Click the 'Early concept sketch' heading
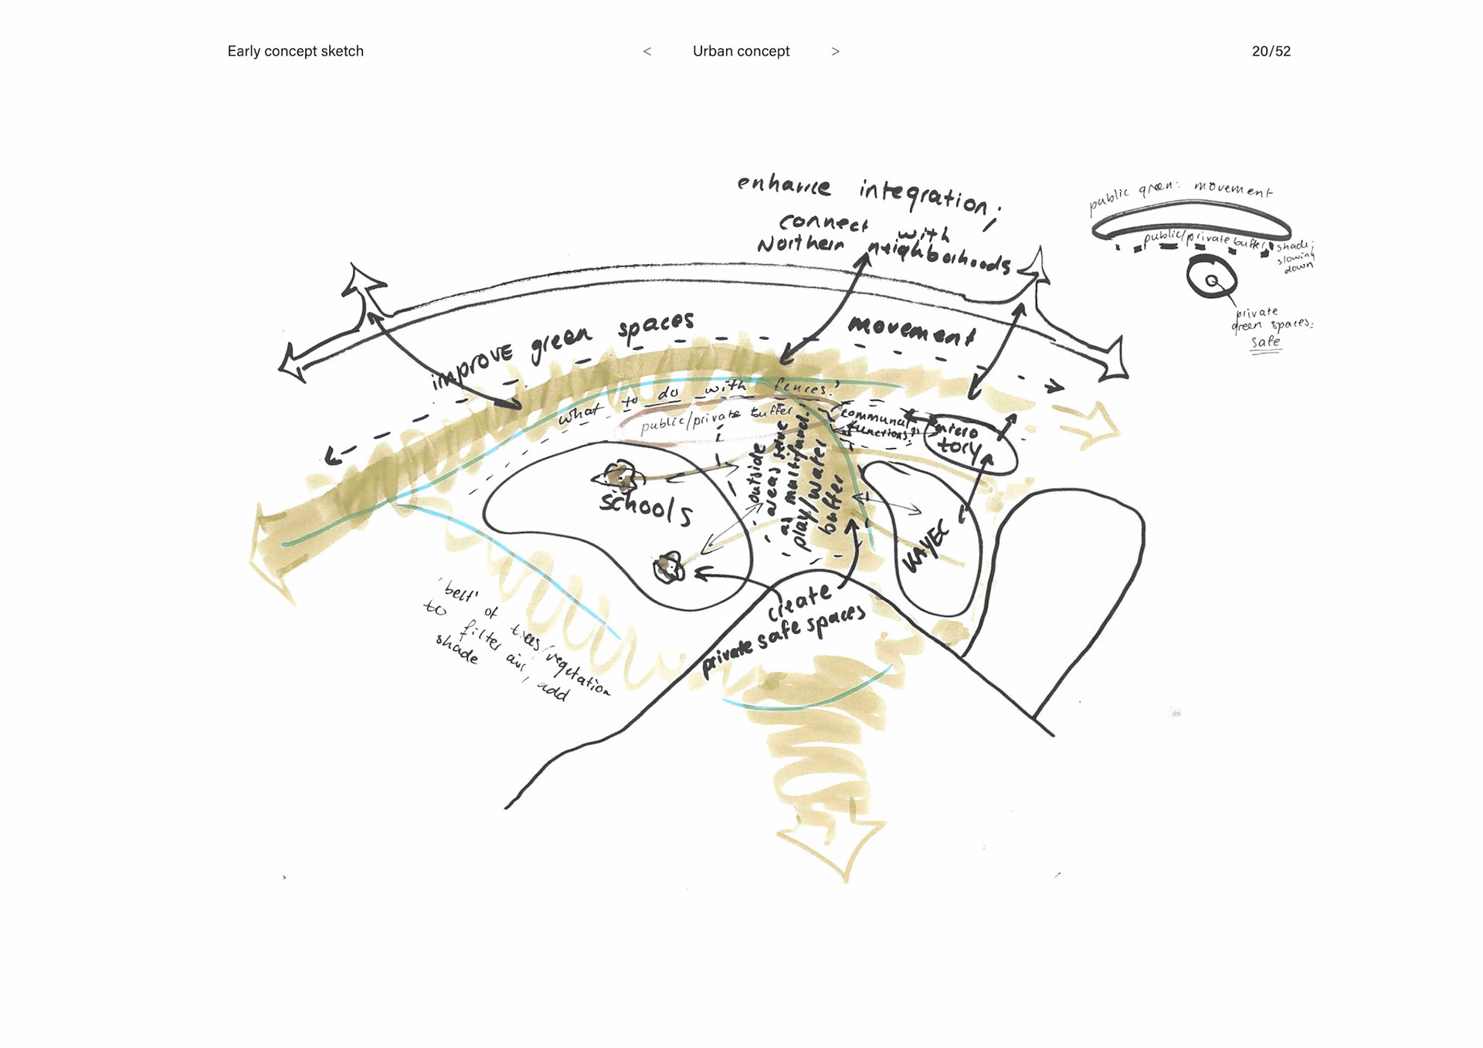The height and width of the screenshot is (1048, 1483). (x=295, y=51)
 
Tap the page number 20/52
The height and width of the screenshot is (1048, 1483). (x=1271, y=51)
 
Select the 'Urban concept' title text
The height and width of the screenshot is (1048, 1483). (x=741, y=51)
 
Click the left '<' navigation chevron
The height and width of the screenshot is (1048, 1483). (x=647, y=52)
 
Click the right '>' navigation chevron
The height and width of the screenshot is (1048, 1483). (x=835, y=52)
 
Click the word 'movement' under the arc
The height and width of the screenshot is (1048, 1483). (x=911, y=331)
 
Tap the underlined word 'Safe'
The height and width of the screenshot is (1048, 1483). (x=1265, y=342)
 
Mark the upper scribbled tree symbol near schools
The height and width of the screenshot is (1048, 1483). (x=619, y=477)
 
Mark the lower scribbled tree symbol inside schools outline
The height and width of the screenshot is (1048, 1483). (x=669, y=568)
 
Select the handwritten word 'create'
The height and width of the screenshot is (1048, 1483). (x=799, y=602)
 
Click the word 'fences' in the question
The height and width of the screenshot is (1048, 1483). (x=803, y=388)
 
